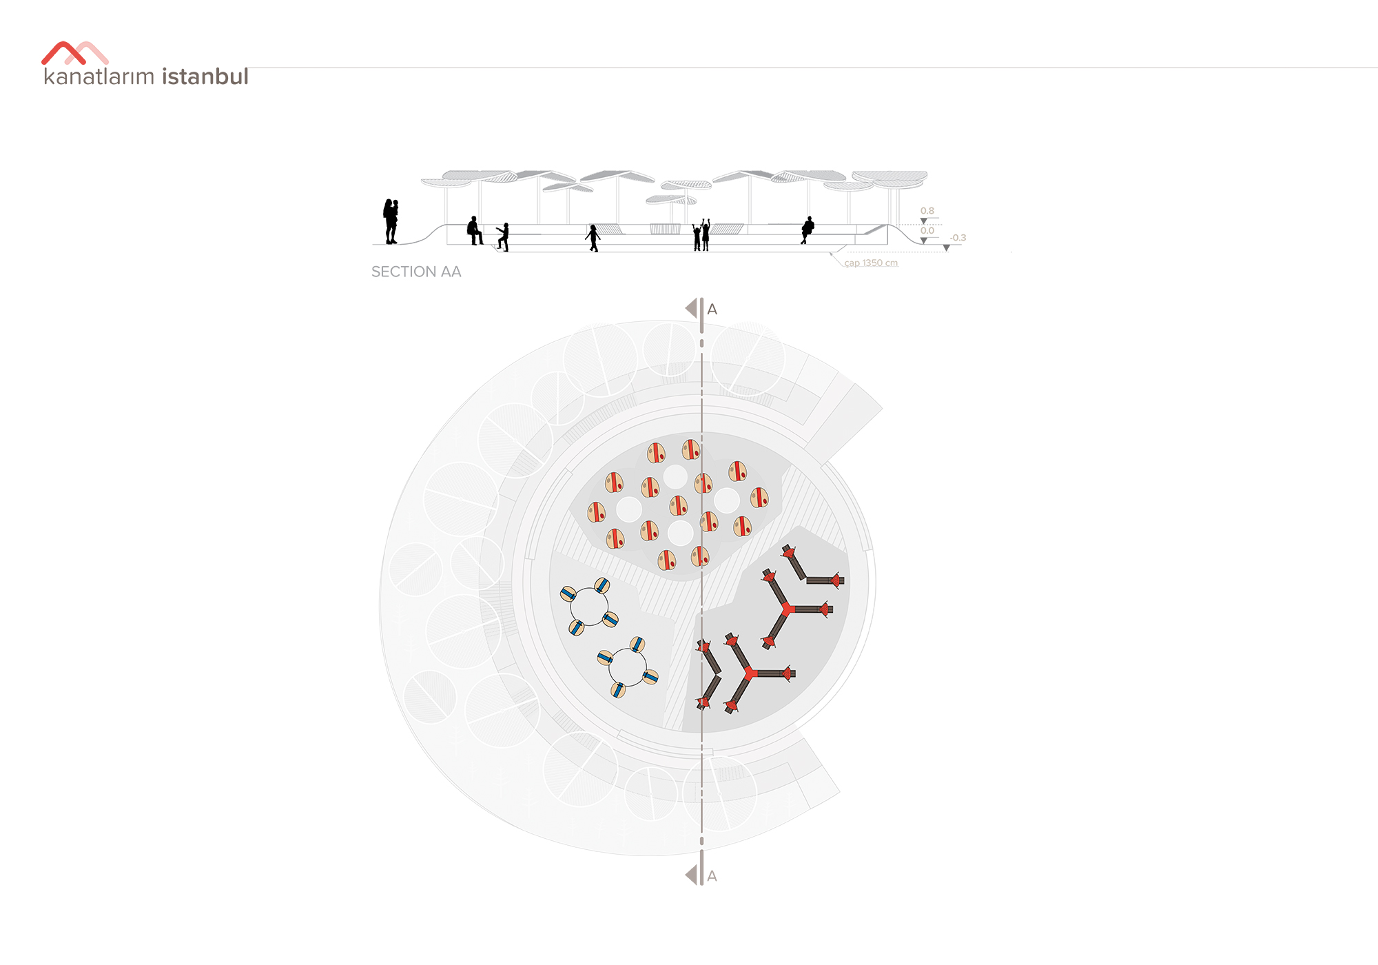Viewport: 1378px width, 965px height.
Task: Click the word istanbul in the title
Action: point(205,76)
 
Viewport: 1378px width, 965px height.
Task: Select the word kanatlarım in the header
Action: point(99,76)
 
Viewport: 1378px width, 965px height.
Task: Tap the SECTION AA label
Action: point(416,272)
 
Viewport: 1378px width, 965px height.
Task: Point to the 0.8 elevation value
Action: point(927,211)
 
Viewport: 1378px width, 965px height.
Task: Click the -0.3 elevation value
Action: point(958,238)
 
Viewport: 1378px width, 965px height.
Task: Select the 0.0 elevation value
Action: point(927,231)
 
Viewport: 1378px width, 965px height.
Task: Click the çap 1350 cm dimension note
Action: point(871,263)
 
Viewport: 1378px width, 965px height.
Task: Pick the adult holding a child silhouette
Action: point(391,221)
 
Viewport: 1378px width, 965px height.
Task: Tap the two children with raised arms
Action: point(701,235)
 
